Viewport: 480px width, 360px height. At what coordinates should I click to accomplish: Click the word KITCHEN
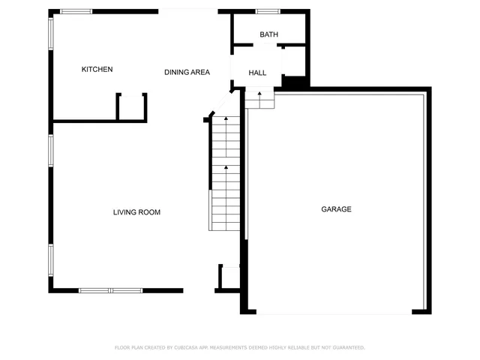coord(97,70)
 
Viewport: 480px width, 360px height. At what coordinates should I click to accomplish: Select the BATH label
coord(268,35)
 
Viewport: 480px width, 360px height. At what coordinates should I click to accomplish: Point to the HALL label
coord(258,73)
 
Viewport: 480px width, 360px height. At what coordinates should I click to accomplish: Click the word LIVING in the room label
coord(125,212)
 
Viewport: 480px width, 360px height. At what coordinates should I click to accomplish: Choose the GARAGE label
coord(337,209)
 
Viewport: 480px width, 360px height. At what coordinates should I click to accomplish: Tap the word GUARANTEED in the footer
coord(348,347)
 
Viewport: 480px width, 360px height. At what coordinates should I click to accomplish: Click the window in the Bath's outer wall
coord(268,11)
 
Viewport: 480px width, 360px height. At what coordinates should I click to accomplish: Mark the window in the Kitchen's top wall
coord(76,11)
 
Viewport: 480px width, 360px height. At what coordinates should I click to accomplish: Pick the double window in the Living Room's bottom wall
coord(110,290)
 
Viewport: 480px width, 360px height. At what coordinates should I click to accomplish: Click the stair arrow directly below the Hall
coord(259,96)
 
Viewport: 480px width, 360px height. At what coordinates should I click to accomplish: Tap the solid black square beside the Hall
coord(293,82)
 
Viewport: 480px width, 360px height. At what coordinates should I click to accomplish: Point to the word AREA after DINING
coord(200,72)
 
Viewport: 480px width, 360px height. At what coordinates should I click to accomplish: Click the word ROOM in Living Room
coord(149,212)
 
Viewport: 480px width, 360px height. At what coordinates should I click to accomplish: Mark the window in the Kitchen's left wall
coord(51,38)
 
